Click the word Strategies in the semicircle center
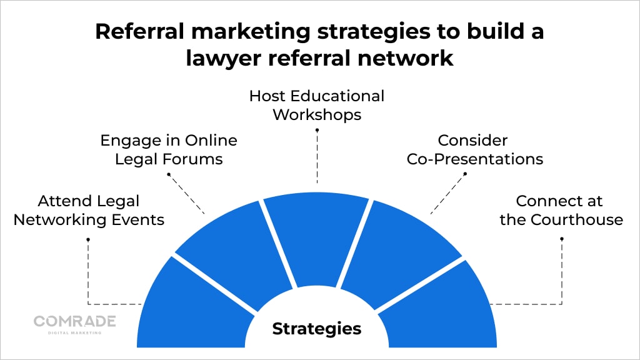pos(316,328)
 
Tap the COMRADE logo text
pos(74,321)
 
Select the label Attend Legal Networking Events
pos(89,211)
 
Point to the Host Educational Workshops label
pos(317,105)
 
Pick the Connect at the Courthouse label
pos(561,211)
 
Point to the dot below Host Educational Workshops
pos(317,130)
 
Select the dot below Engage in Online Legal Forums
pos(169,174)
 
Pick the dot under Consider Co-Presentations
pos(465,174)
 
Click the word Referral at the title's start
pos(137,32)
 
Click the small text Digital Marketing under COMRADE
pos(74,332)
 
